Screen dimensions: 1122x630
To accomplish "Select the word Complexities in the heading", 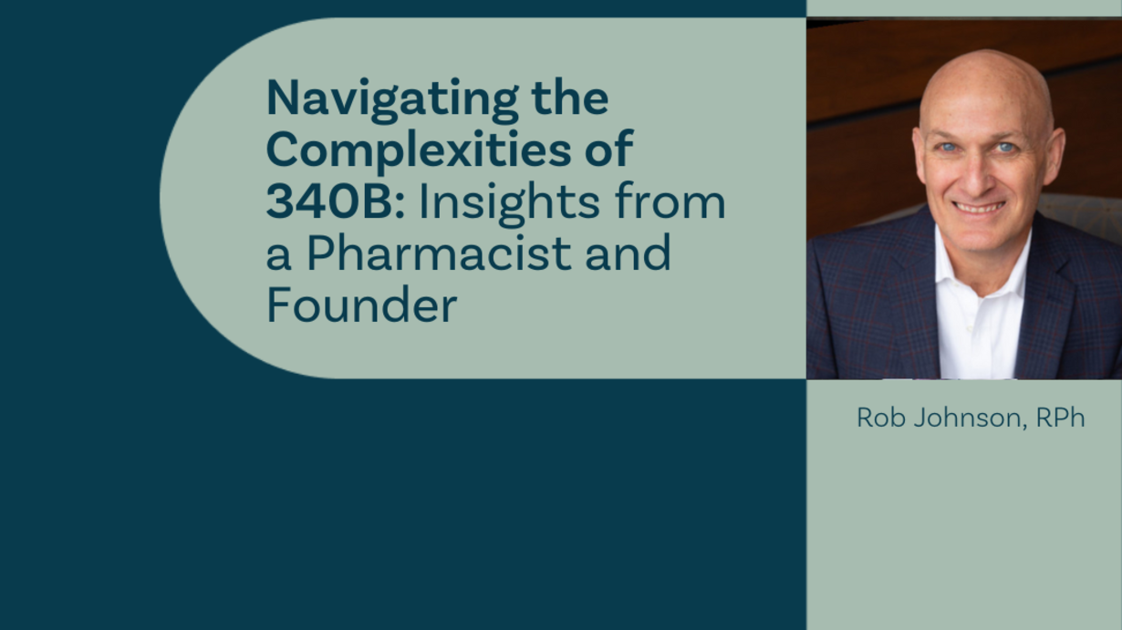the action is coord(418,151).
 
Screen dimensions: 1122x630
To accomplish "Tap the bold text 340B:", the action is coord(335,201).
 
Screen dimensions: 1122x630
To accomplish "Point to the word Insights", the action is coord(509,204).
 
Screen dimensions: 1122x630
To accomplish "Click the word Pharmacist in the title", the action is coord(439,253).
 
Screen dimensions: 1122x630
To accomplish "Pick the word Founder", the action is coord(361,305).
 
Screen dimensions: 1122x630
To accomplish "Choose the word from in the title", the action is coord(670,201).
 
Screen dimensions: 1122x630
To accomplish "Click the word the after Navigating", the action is coord(570,98).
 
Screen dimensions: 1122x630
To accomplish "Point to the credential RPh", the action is coord(1060,418).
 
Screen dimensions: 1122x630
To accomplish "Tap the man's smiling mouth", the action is coord(979,207).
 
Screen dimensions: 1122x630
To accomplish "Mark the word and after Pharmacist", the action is coord(628,253).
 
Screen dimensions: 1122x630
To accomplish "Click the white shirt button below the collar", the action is coord(970,327).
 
